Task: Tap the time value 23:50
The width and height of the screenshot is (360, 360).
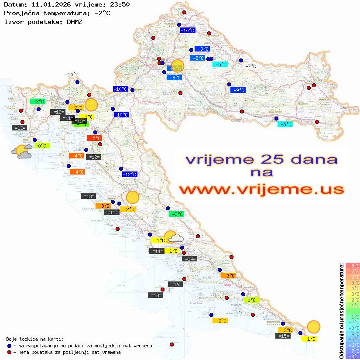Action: pos(118,4)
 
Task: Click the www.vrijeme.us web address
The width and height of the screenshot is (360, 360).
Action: pos(261,189)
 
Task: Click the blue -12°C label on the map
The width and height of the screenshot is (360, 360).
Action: pos(130,175)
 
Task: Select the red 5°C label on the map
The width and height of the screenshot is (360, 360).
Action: pos(96,138)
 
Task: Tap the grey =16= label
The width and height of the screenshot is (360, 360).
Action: pos(176,285)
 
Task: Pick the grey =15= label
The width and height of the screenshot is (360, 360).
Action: pos(283,336)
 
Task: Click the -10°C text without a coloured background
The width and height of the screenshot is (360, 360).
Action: pos(72,75)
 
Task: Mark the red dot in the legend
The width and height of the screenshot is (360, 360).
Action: pos(10,352)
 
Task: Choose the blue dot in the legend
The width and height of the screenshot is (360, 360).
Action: pos(10,346)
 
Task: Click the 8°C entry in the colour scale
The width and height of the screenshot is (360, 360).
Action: pos(353,265)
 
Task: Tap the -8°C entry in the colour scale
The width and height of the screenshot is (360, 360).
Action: pos(353,356)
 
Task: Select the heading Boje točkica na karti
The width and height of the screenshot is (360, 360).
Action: pos(35,339)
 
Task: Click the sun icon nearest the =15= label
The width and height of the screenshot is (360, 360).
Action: pos(313,326)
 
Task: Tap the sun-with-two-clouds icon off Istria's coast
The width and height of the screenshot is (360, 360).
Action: pos(21,151)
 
